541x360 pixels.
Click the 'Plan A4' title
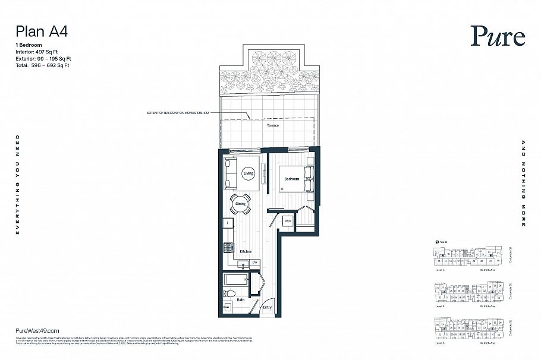[x=42, y=32]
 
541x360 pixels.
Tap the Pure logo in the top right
[x=498, y=37]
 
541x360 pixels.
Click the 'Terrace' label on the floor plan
[x=272, y=125]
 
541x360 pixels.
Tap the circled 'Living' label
[x=249, y=173]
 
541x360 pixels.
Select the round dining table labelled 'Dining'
[x=241, y=204]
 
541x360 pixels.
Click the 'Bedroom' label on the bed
[x=291, y=179]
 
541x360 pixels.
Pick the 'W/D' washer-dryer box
[x=288, y=222]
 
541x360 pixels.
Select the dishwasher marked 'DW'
[x=254, y=262]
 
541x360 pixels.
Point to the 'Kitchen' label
[x=246, y=251]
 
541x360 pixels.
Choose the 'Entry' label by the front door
[x=268, y=307]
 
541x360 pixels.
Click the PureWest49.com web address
[x=37, y=330]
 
